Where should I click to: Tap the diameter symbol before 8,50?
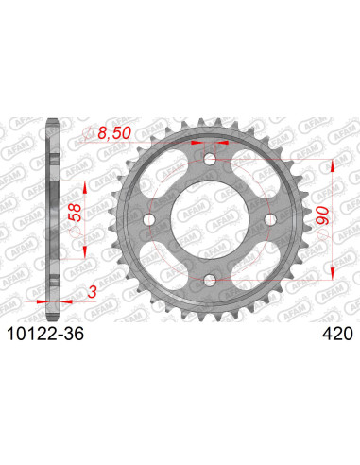click(92, 134)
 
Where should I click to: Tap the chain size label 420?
click(336, 333)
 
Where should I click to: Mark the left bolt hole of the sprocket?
click(147, 220)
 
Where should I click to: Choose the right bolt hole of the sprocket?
click(269, 220)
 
